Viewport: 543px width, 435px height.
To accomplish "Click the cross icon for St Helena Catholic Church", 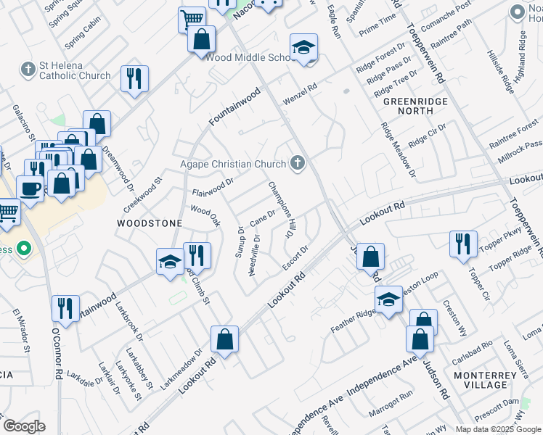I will [x=28, y=70].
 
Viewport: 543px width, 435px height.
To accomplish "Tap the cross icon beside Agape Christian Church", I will [x=297, y=164].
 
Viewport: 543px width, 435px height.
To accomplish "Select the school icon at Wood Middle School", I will [x=303, y=48].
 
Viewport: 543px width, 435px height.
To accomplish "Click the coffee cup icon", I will [x=30, y=189].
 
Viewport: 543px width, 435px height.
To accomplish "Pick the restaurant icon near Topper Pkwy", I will [x=462, y=244].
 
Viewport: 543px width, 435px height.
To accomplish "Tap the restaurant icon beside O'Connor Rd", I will [x=65, y=308].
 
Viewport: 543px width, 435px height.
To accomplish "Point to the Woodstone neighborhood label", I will [x=149, y=224].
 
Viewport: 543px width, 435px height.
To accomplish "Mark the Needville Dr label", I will [x=254, y=254].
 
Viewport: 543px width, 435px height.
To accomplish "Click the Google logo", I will [x=24, y=426].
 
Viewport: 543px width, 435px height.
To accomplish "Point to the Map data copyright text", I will [x=497, y=429].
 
